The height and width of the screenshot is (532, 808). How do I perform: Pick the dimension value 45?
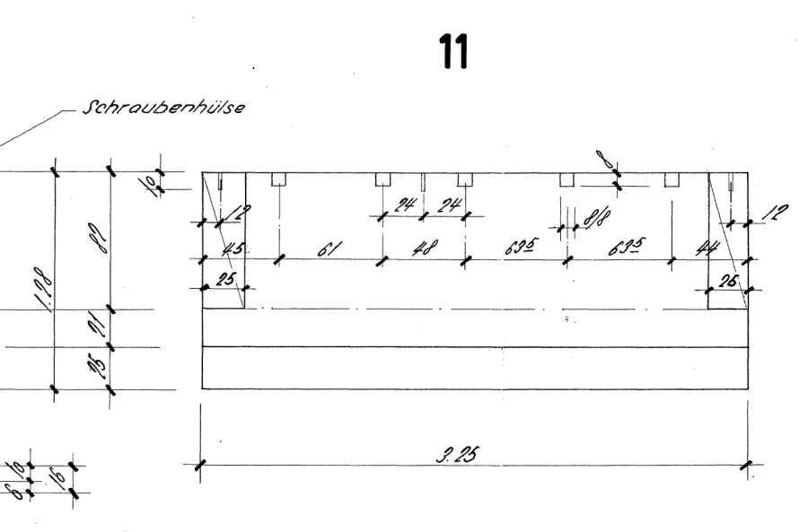(233, 249)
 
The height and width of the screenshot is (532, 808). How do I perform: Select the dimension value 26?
(729, 280)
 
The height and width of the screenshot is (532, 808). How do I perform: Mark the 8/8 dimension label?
(593, 218)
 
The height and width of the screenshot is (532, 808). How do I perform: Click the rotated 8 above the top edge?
(610, 162)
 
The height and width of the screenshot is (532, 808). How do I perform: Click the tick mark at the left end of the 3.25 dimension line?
(200, 465)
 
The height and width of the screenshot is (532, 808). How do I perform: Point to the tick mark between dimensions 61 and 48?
(381, 260)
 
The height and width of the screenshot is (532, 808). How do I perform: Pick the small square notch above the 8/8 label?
(566, 179)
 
